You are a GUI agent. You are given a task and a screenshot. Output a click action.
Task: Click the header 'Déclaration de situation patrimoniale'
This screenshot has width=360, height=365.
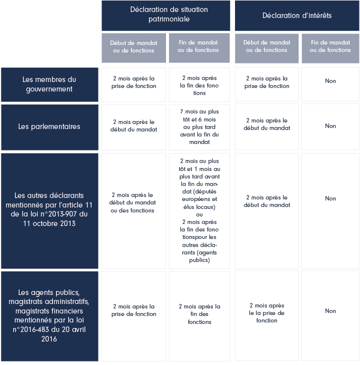pos(169,14)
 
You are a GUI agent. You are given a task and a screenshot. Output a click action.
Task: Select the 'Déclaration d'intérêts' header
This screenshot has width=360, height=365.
pos(297,15)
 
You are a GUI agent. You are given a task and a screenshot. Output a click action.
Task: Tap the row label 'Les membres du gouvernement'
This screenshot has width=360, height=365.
pos(49,84)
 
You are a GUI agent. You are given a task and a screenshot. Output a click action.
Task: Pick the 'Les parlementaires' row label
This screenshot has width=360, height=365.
pos(49,126)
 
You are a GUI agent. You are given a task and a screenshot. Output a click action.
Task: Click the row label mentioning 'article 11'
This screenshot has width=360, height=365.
pos(49,209)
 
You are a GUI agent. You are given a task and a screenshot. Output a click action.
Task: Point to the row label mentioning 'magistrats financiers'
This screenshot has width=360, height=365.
pos(49,315)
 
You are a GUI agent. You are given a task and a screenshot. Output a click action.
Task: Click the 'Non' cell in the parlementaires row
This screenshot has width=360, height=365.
pos(330,126)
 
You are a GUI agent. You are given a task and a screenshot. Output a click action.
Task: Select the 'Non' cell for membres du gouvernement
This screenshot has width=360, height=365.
pos(330,81)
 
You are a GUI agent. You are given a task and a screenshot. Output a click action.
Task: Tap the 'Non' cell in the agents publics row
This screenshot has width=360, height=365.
pos(330,311)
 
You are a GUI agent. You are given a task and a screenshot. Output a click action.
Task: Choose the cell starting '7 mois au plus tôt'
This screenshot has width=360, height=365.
pos(199,126)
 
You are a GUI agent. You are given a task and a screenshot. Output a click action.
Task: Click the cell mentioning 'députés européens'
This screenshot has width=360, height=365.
pos(199,210)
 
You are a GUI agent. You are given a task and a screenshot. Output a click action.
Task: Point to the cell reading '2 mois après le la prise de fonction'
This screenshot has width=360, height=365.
pos(266,313)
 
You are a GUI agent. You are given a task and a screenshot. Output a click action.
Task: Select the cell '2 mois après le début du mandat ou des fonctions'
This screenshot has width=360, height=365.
pos(132,202)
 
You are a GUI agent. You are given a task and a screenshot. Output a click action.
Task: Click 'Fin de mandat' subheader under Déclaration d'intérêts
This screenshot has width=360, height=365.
pos(330,46)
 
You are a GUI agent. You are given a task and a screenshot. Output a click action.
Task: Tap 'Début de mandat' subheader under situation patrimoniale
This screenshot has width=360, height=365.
pos(133,46)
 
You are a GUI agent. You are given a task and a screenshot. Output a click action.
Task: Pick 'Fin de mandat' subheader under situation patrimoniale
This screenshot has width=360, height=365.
pos(198,46)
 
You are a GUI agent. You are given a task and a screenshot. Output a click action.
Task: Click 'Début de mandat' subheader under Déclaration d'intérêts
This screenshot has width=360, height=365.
pos(266,46)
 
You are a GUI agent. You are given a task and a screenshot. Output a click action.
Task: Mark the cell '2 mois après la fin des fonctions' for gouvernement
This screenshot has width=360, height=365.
pos(199,85)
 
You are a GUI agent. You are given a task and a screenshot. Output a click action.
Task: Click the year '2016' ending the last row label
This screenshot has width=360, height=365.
pos(49,339)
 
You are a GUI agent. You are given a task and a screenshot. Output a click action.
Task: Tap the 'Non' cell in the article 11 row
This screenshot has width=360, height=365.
pos(330,198)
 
